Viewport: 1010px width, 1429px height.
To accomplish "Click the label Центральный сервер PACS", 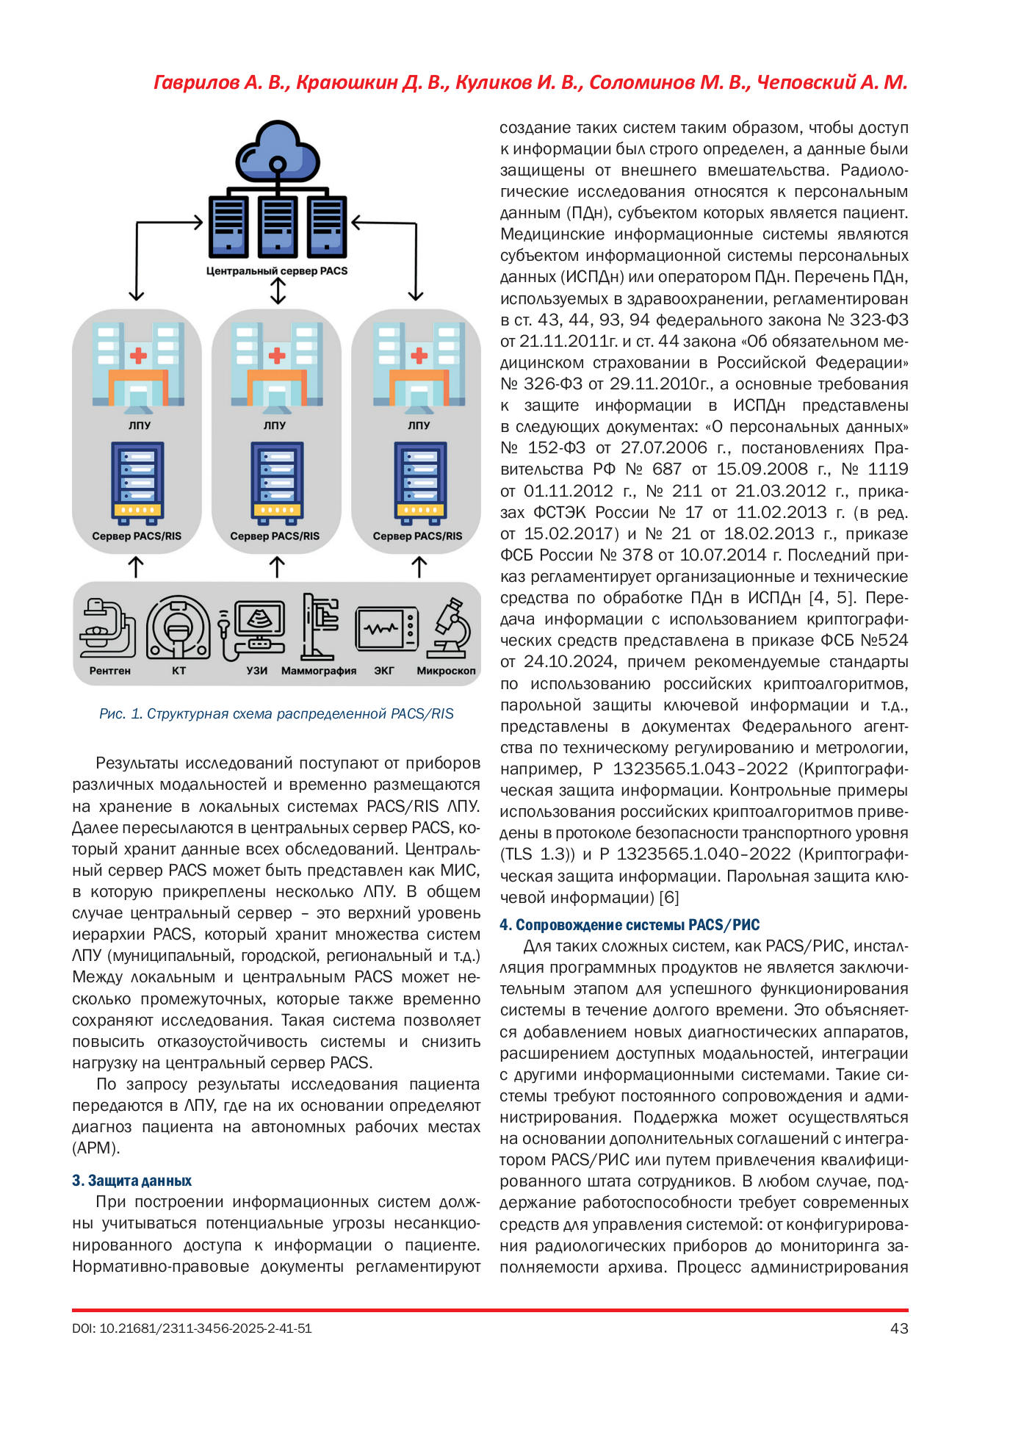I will [277, 271].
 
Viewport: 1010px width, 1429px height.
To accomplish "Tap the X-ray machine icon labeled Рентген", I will [107, 627].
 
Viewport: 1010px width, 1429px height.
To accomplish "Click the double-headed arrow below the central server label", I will [278, 291].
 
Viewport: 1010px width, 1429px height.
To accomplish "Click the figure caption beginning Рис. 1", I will [276, 713].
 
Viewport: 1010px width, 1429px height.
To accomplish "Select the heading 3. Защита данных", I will [131, 1180].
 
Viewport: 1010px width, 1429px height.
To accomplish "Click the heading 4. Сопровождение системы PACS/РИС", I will [630, 924].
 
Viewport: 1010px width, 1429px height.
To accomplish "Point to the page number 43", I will [898, 1328].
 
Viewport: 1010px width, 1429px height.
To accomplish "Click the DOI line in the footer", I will [192, 1328].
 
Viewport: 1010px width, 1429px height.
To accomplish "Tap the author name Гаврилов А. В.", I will [220, 83].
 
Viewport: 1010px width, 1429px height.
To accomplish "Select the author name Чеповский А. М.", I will [832, 83].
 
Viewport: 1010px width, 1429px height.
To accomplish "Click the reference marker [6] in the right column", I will [668, 897].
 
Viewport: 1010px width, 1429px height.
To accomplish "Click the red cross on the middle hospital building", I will [277, 356].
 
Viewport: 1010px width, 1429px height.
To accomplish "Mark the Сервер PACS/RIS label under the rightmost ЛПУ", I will [417, 536].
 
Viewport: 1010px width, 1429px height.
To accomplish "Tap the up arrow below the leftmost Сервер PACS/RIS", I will [136, 566].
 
